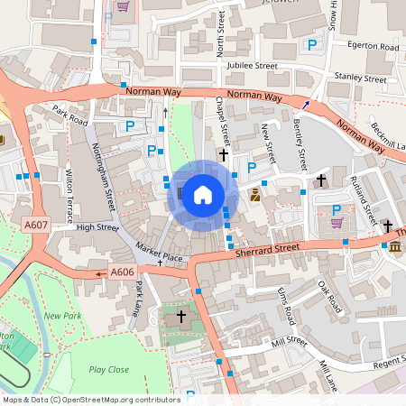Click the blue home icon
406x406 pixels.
tap(203, 193)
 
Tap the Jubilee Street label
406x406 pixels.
tap(252, 66)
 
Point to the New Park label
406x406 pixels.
tap(62, 316)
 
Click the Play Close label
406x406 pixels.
tap(108, 369)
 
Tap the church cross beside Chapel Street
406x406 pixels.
tap(223, 155)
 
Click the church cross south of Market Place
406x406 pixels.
tap(180, 317)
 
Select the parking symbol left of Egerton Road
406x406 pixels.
tap(312, 44)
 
